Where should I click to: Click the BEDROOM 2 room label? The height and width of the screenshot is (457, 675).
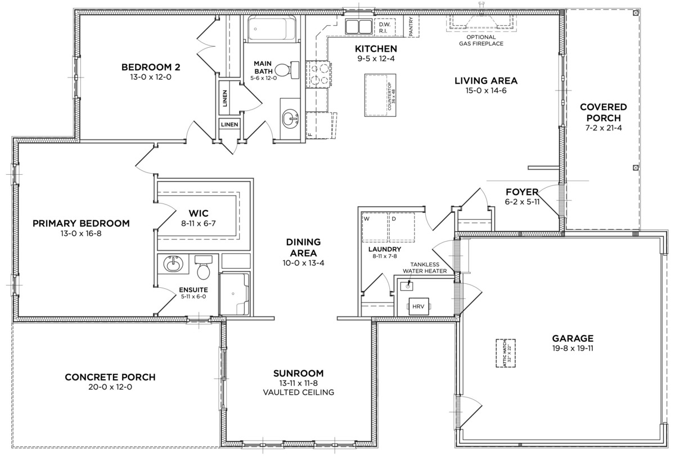coord(151,67)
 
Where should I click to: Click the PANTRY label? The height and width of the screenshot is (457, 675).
coord(411,26)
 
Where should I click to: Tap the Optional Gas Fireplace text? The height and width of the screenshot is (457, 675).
coord(480,40)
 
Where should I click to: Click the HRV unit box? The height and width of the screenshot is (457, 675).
coord(418,307)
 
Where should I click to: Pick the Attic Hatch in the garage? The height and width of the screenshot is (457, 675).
coord(506,352)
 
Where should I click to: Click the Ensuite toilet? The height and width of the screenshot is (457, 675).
coord(203,268)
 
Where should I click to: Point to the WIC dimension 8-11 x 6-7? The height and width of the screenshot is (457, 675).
coord(199,223)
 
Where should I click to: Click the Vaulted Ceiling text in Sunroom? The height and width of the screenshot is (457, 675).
coord(298,392)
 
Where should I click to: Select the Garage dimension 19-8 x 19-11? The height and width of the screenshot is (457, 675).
coord(573,349)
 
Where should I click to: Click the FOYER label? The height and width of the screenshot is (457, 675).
coord(522,191)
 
